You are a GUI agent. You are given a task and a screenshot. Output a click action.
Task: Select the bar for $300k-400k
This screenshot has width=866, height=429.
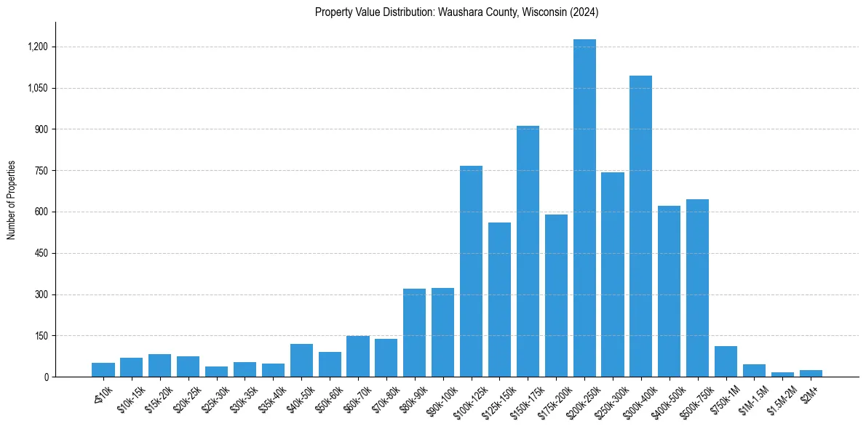point(640,226)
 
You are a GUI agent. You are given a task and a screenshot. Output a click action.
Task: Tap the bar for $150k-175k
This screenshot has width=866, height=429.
point(528,252)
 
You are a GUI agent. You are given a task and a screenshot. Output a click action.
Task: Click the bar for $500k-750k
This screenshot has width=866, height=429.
point(697,288)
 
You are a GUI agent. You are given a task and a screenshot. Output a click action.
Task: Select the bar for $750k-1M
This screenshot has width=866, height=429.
point(726,361)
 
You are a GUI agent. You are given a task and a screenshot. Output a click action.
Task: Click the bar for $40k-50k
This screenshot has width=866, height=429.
point(301,361)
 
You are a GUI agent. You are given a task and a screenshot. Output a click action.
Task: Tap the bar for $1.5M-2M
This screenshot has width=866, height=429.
point(782,374)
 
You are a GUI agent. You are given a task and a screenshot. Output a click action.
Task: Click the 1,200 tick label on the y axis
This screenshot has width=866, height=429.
point(38,47)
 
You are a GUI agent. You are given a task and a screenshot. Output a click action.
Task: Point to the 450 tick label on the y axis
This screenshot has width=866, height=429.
point(41,254)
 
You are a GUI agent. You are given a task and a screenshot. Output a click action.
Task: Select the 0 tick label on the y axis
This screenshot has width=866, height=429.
point(46,377)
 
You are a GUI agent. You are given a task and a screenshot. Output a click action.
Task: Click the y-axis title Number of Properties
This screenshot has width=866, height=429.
point(12,200)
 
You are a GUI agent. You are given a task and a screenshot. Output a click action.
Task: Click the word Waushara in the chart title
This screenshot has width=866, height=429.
point(458,12)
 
